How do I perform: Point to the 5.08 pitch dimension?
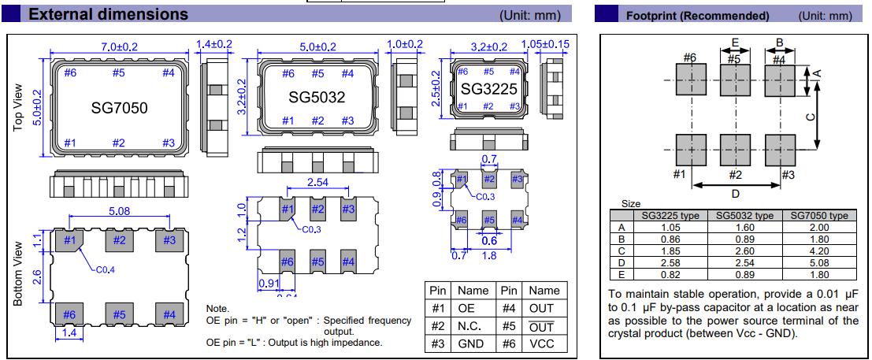(x=118, y=211)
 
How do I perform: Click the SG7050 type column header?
(x=819, y=215)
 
